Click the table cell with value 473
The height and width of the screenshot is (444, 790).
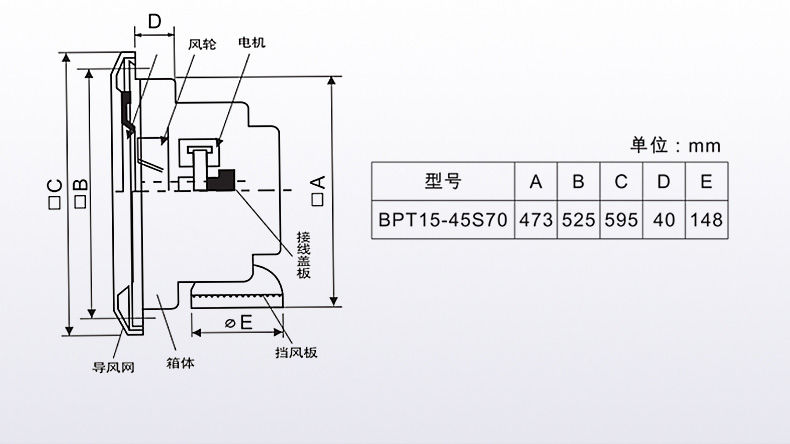click(536, 219)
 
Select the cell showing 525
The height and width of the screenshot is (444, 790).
click(578, 219)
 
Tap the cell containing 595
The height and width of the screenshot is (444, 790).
click(621, 219)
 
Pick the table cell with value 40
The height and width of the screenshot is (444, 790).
click(663, 219)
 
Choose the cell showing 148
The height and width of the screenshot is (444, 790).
click(706, 219)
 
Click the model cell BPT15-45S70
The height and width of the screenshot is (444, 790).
click(443, 219)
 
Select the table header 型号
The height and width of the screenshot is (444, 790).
click(443, 182)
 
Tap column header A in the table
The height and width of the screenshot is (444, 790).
click(536, 182)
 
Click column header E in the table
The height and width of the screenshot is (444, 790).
click(706, 182)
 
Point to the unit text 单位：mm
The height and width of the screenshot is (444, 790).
click(675, 146)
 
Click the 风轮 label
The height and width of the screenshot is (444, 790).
click(201, 45)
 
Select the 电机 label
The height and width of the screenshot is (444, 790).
click(252, 45)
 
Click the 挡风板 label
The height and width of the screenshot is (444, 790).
click(296, 353)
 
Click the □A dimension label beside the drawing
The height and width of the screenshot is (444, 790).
click(317, 190)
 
